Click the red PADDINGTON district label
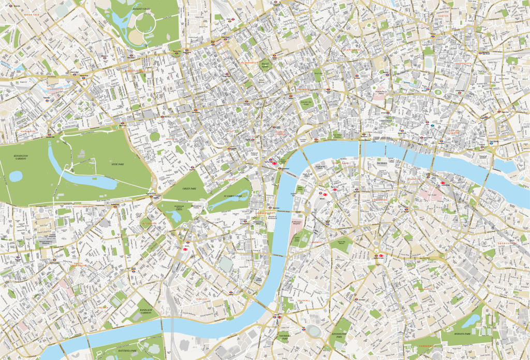pos(54,89)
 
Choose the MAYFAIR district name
pos(170,139)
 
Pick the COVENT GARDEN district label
pos(279,133)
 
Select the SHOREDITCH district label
pos(463,63)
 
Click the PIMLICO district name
pos(201,299)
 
